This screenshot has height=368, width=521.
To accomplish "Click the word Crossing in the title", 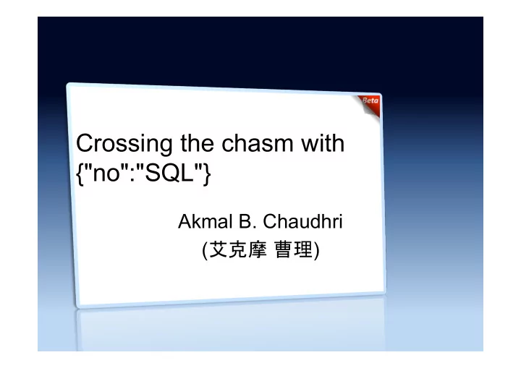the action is pyautogui.click(x=124, y=144).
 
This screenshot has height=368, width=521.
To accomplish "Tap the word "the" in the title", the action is pyautogui.click(x=197, y=143).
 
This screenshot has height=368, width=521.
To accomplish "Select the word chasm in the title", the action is pyautogui.click(x=257, y=143).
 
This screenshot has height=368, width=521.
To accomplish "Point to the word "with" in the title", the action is pyautogui.click(x=323, y=143).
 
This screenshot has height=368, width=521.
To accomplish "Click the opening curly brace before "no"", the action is pyautogui.click(x=80, y=174).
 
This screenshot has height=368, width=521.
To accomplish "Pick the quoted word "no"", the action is pyautogui.click(x=106, y=173).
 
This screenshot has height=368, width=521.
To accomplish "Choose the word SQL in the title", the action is pyautogui.click(x=169, y=173).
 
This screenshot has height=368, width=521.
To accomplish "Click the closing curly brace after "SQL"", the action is pyautogui.click(x=207, y=174).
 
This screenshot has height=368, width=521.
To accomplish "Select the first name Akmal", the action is pyautogui.click(x=205, y=221).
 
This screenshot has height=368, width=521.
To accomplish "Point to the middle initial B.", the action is pyautogui.click(x=247, y=221).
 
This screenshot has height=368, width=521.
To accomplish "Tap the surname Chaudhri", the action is pyautogui.click(x=302, y=221).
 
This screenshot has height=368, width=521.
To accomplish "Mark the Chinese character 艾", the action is pyautogui.click(x=219, y=249).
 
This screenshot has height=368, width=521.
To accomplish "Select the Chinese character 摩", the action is pyautogui.click(x=257, y=249).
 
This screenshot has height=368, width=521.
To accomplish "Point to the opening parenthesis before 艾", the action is pyautogui.click(x=206, y=250).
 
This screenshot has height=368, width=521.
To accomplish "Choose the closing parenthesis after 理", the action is pyautogui.click(x=316, y=250).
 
